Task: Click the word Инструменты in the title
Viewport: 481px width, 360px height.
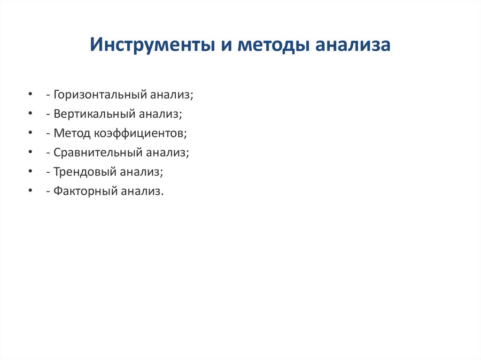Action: (149, 46)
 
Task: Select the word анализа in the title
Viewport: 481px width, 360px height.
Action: (353, 46)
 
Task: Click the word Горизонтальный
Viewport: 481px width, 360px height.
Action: (100, 95)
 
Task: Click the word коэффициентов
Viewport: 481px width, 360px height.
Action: (140, 133)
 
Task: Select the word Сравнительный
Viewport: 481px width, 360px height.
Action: (99, 153)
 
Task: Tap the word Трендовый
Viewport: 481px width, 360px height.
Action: (85, 172)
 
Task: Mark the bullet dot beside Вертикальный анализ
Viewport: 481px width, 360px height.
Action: (31, 115)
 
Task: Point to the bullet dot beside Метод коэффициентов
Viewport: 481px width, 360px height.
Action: (31, 134)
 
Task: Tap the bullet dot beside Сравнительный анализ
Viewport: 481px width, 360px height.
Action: (31, 153)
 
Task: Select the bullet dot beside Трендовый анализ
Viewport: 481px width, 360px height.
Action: (31, 172)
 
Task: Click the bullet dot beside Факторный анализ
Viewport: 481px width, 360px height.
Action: (31, 191)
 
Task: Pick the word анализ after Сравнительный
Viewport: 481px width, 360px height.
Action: (167, 153)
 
